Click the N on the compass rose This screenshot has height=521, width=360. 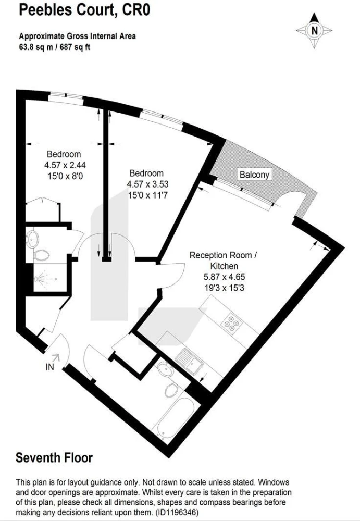click(315, 31)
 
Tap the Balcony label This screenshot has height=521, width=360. click(254, 175)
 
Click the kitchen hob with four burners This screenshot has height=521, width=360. click(232, 323)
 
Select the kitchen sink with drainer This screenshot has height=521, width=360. click(189, 361)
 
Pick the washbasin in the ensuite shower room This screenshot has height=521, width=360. click(33, 239)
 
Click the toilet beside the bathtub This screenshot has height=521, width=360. click(172, 389)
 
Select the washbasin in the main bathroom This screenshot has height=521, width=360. click(165, 369)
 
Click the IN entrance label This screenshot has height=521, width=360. click(50, 367)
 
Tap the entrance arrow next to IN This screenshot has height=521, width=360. click(56, 358)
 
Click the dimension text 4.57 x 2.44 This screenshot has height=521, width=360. click(65, 165)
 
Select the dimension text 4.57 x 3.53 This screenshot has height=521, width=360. click(147, 184)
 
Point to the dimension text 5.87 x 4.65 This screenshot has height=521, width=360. click(224, 277)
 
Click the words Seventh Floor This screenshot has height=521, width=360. click(54, 458)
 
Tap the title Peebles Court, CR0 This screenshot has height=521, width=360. click(84, 9)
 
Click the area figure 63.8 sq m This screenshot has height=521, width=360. click(36, 47)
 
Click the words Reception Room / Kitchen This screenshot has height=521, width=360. click(223, 260)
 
